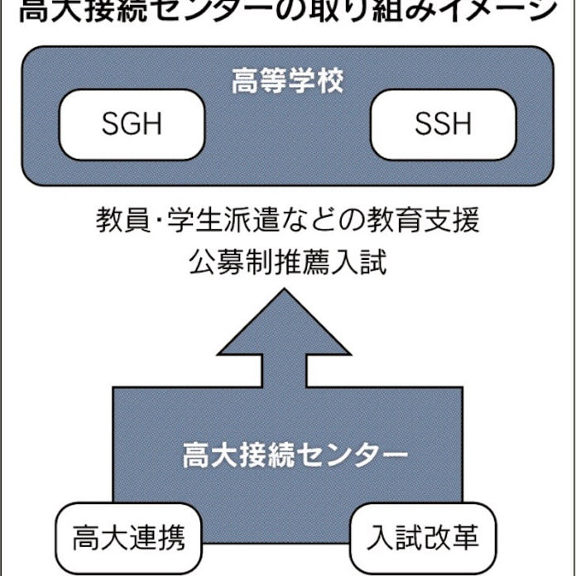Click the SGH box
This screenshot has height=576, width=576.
coord(132,124)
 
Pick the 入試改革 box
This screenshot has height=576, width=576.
coord(423,540)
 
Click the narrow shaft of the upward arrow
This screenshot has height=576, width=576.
coord(286,371)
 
